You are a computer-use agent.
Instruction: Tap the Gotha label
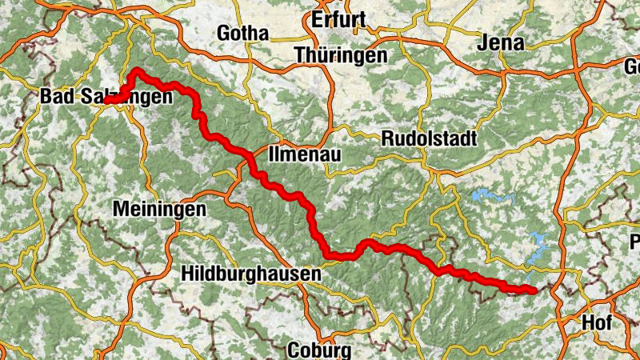(243, 33)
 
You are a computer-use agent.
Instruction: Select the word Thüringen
(340, 56)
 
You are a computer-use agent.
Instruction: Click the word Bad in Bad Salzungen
(57, 98)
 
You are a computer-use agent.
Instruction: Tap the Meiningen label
(159, 209)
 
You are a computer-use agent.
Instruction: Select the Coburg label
(318, 350)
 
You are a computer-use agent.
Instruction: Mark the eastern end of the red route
(532, 290)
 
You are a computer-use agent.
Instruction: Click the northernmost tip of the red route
(138, 71)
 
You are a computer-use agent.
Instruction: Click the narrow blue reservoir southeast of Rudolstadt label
(488, 195)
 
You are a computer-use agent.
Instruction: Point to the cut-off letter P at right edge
(634, 242)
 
